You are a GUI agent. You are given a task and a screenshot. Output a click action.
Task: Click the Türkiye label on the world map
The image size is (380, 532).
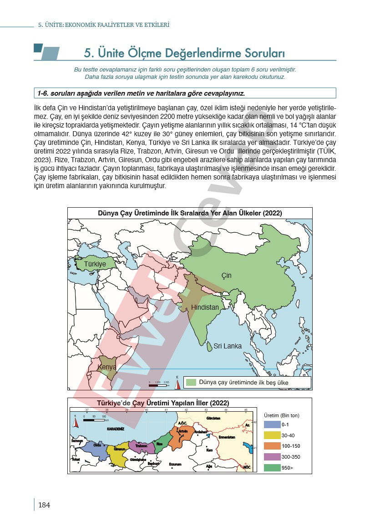[x=95, y=264]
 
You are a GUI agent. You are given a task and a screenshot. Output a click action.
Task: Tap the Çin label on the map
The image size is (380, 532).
[x=226, y=276]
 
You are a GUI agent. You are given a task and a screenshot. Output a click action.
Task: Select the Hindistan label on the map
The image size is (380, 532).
[x=205, y=307]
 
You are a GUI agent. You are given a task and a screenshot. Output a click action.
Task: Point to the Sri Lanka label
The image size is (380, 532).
[x=228, y=346]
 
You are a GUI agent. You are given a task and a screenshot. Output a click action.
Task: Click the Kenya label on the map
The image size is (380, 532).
[x=107, y=367]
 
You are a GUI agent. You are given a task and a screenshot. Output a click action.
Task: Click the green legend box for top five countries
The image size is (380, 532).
[x=191, y=382]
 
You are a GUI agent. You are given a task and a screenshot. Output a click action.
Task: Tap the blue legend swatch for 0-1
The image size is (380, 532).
[x=272, y=424]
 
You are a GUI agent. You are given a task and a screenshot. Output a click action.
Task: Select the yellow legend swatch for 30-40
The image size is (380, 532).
[x=272, y=435]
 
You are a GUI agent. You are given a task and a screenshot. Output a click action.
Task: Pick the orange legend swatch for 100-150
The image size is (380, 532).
[x=272, y=446]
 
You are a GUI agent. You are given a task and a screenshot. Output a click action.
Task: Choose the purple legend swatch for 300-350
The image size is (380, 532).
[x=272, y=457]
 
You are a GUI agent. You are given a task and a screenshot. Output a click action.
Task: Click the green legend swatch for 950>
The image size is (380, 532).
[x=272, y=468]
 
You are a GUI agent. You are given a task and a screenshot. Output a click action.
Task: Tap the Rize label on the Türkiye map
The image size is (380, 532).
[x=159, y=444]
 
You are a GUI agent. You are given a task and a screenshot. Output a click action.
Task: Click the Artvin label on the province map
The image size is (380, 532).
[x=183, y=431]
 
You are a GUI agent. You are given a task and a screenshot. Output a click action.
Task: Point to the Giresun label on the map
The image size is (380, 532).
[x=119, y=449]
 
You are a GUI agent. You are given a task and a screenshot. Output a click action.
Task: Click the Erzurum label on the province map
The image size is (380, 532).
[x=175, y=465]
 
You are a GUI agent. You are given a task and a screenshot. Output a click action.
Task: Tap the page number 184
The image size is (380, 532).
[x=44, y=505]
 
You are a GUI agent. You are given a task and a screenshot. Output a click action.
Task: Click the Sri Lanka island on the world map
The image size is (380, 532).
[x=209, y=347]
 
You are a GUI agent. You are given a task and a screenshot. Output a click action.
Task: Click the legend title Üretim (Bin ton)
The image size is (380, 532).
[x=282, y=415]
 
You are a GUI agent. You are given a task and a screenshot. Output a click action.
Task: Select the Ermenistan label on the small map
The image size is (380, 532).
[x=226, y=437]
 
